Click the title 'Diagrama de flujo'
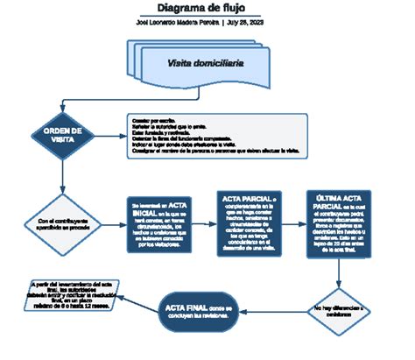[207, 8]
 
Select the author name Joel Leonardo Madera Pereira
[176, 23]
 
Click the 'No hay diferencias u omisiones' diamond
[340, 308]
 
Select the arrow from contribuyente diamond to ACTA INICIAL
[109, 225]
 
